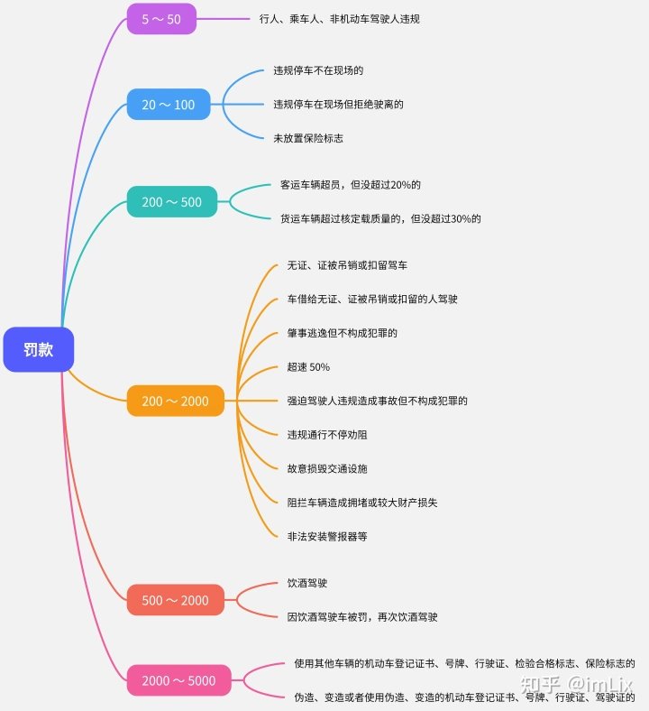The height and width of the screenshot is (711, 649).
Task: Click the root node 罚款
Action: point(38,350)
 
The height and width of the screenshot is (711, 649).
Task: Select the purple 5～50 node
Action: point(161,18)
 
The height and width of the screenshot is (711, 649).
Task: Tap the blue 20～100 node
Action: point(168,105)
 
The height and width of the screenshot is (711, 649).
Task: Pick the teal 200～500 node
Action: point(171,202)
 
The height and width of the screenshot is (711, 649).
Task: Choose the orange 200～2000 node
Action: point(175,402)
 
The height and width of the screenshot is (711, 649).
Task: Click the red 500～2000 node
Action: point(175,600)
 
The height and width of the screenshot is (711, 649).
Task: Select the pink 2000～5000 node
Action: point(178,680)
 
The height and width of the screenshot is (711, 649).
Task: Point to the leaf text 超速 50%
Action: point(308,367)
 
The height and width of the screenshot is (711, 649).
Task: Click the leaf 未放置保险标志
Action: point(308,138)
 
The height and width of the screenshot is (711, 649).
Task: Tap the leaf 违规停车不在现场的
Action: point(318,70)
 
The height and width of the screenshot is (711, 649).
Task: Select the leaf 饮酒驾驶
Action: point(306,583)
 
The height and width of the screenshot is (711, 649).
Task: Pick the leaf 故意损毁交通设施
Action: point(327,468)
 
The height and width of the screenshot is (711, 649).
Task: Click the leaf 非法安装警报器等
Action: point(327,536)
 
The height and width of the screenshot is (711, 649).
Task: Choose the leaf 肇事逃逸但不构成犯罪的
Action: point(342,333)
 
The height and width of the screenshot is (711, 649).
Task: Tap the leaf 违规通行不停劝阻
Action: point(327,435)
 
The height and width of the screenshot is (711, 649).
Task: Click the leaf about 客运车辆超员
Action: point(351,185)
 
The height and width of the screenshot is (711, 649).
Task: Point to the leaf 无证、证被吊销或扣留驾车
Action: point(347,265)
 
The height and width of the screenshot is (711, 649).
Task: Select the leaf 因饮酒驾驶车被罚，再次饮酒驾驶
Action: point(362,617)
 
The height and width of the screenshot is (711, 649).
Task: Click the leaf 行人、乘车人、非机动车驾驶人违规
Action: point(339,18)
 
